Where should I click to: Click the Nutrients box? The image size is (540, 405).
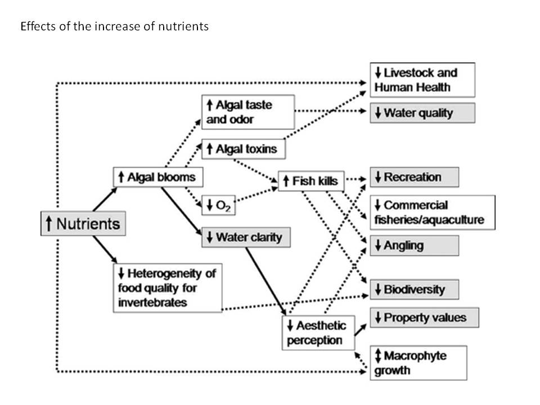(x=83, y=224)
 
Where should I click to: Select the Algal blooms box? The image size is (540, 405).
(x=157, y=177)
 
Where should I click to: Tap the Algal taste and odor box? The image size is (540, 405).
(x=247, y=111)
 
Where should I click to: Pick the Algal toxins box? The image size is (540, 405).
(x=243, y=149)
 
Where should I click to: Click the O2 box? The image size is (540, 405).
(x=218, y=203)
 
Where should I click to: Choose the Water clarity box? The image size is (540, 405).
(x=245, y=237)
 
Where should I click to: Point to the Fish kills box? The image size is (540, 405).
(x=311, y=181)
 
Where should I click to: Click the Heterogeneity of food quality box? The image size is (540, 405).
(x=168, y=288)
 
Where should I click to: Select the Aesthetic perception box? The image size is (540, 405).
(x=317, y=332)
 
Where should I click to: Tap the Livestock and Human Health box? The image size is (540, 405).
(x=422, y=80)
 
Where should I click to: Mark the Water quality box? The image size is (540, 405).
(x=422, y=113)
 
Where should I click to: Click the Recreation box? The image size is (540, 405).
(x=414, y=177)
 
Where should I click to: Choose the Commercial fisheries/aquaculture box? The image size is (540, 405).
(x=432, y=212)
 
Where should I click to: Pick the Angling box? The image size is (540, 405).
(x=414, y=245)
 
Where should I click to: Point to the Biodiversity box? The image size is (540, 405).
(x=414, y=290)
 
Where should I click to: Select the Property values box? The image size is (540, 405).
(x=424, y=318)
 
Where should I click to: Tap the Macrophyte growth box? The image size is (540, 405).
(x=418, y=363)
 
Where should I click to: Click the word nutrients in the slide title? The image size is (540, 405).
(x=184, y=26)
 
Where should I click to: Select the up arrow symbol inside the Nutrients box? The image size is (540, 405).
(x=49, y=223)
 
